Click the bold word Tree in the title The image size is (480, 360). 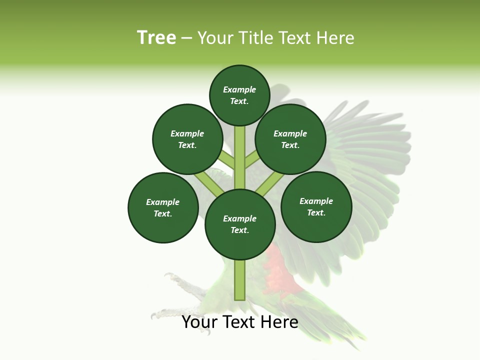(x=156, y=38)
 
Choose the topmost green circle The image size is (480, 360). (x=239, y=95)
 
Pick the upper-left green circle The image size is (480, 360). (x=187, y=139)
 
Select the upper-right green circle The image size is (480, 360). (x=290, y=139)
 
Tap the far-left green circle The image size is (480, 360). (x=163, y=207)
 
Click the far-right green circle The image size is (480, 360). (x=316, y=206)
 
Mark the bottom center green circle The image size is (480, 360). (x=240, y=224)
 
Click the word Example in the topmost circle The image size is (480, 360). (x=239, y=89)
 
